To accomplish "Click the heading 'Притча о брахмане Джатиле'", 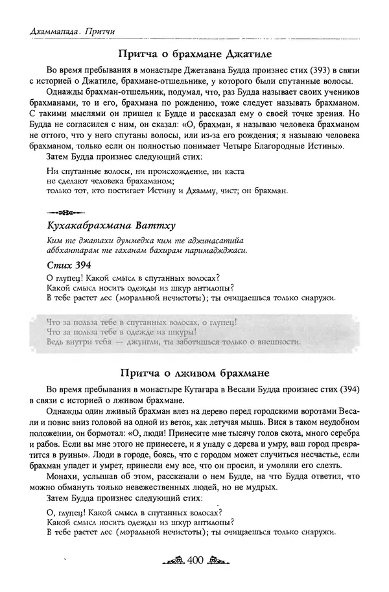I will (x=194, y=54).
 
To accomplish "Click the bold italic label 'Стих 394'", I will (x=69, y=265).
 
